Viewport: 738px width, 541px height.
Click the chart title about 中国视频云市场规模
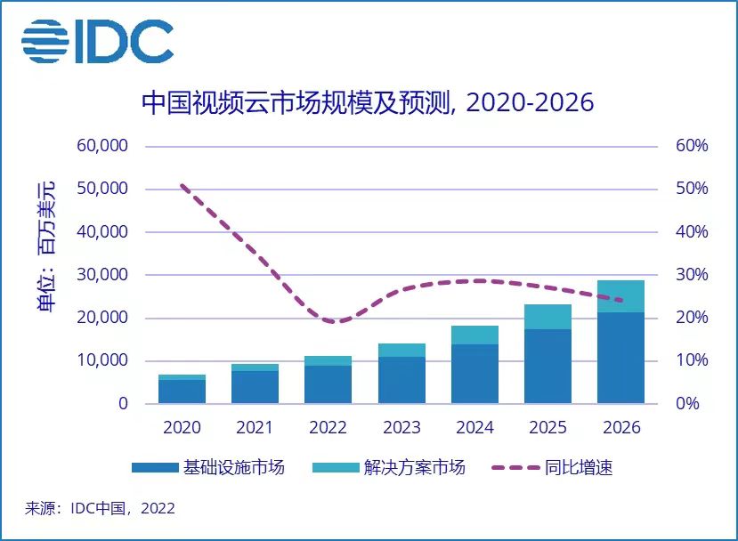tap(368, 103)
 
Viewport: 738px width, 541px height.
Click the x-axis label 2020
tap(182, 428)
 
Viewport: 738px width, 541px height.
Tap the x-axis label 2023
tap(401, 428)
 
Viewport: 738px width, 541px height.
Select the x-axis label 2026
tap(621, 428)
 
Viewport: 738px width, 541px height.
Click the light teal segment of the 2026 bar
tap(620, 296)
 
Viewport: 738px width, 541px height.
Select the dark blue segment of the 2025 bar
tap(547, 367)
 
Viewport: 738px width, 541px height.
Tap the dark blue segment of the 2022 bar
tap(328, 384)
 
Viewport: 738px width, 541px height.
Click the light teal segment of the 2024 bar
tap(474, 335)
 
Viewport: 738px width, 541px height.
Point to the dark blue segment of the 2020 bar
tap(182, 392)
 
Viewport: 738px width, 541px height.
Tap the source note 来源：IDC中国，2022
tap(100, 509)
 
